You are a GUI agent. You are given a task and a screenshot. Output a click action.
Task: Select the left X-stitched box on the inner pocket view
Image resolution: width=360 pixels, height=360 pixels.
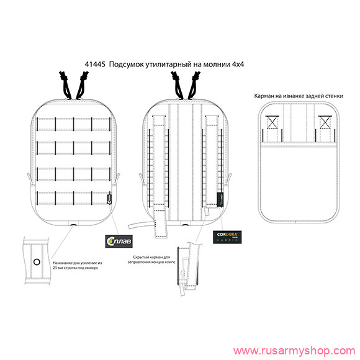[271, 122]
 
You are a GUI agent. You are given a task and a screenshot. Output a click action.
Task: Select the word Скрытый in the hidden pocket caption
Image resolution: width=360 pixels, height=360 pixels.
[145, 256]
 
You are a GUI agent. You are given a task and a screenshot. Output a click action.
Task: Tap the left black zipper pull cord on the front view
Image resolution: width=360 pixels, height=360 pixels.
[66, 84]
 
